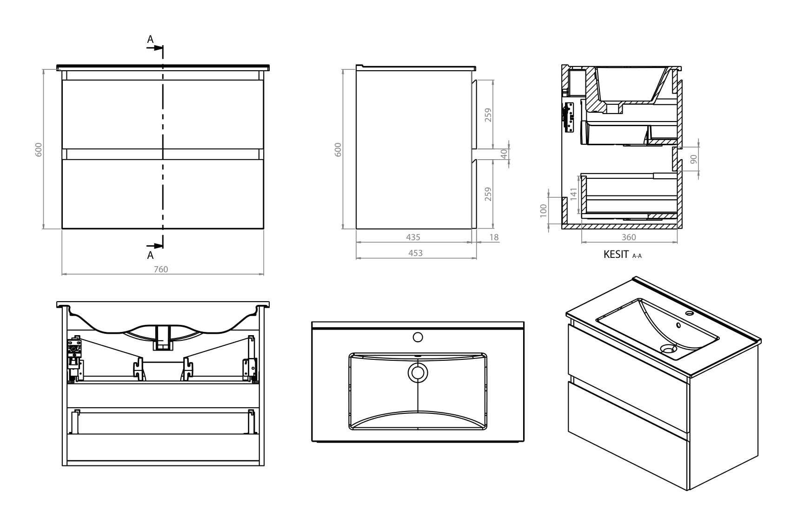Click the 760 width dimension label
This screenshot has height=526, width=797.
coord(161,269)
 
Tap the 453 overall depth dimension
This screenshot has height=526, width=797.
coord(416,253)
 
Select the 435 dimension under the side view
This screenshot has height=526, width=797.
coord(413,237)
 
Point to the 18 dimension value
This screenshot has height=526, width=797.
coord(494,237)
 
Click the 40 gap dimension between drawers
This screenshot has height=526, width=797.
coord(504,154)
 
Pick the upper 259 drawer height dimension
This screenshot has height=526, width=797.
coord(488,115)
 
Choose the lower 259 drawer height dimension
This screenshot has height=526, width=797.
coord(488,194)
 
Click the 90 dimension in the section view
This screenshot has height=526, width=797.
coord(693,159)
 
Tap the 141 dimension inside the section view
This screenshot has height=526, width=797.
coord(573,194)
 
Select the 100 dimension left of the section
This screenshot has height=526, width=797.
coord(543,210)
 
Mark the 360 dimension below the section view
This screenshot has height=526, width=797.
coord(629,237)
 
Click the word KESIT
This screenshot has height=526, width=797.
coord(616,254)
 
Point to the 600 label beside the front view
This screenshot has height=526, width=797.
coord(39,149)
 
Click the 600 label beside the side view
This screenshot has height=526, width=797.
coord(338,149)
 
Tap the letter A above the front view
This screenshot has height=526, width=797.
coord(150,40)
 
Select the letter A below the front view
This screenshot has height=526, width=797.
coord(150,255)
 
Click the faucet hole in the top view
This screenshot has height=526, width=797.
coord(418,337)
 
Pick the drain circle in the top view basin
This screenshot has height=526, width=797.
coord(418,372)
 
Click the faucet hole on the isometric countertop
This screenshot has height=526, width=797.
coord(690,313)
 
